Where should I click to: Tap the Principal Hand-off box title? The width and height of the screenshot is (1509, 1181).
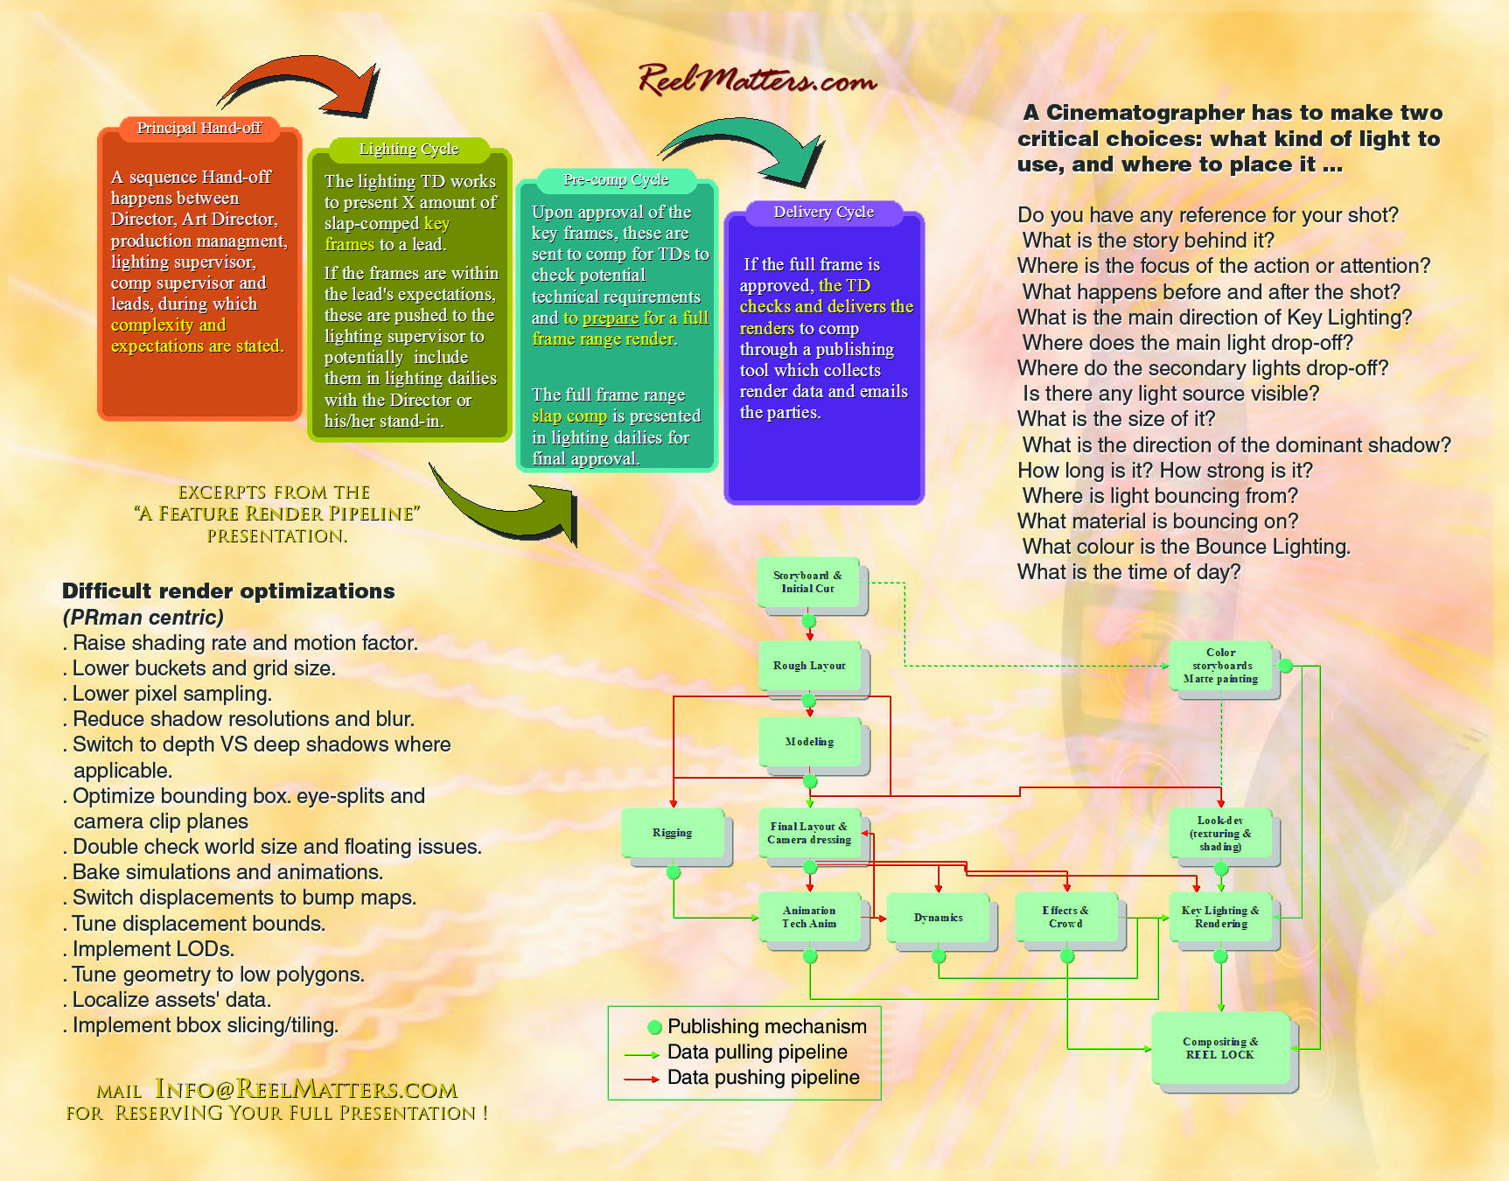click(199, 129)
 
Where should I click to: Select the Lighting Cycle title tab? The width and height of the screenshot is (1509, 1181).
click(409, 150)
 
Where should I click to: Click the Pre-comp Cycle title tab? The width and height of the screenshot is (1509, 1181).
click(616, 180)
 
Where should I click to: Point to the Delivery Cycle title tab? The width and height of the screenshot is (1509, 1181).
click(824, 213)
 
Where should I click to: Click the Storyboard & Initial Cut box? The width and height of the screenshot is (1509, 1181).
click(808, 583)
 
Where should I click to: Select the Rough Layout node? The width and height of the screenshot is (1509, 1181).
click(809, 667)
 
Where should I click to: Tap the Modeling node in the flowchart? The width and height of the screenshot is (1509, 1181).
click(809, 742)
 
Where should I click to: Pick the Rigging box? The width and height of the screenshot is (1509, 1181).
click(672, 833)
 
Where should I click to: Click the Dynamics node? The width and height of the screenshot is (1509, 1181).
click(938, 918)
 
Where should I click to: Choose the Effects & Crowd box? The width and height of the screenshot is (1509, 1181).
click(1065, 918)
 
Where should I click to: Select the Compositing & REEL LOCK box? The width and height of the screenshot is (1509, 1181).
click(1220, 1048)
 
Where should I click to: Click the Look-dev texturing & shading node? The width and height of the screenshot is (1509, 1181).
click(1220, 834)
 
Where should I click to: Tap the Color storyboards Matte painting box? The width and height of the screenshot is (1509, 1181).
click(1220, 666)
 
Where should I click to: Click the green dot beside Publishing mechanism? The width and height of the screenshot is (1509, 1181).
click(654, 1027)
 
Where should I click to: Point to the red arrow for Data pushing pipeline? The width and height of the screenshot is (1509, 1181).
click(641, 1080)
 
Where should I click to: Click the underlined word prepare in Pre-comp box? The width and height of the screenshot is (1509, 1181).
click(611, 318)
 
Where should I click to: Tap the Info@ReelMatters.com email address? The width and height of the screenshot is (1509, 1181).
click(306, 1089)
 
